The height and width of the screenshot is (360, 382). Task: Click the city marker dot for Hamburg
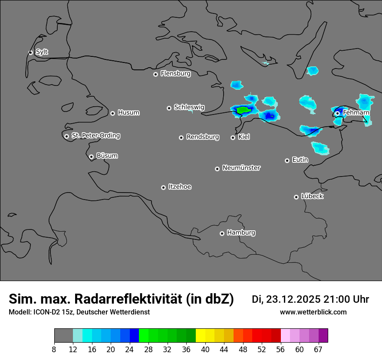click(x=222, y=233)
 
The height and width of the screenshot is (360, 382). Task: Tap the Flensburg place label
click(x=175, y=74)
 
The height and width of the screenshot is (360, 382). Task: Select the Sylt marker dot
click(x=31, y=52)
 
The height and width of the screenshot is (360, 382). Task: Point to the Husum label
click(x=128, y=113)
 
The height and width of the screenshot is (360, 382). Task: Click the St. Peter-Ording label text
click(x=95, y=136)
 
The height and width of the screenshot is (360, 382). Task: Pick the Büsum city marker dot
click(x=91, y=157)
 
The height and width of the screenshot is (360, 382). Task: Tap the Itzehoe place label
click(x=180, y=187)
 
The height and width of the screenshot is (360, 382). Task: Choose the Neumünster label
click(x=241, y=168)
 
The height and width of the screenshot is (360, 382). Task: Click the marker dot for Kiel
click(x=233, y=137)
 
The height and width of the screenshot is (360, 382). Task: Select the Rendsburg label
click(x=203, y=137)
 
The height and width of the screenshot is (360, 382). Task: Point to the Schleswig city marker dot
click(x=169, y=108)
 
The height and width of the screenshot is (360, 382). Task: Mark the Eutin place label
click(x=300, y=160)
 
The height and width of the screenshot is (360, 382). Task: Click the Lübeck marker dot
click(x=296, y=197)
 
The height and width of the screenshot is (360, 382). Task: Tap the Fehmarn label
click(x=356, y=113)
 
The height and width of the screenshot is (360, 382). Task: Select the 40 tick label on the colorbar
click(x=205, y=350)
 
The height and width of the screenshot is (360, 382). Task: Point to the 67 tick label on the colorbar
click(x=318, y=350)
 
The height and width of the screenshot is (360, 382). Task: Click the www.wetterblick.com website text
click(x=313, y=312)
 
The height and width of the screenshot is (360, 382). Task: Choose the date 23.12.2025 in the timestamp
click(x=293, y=299)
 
